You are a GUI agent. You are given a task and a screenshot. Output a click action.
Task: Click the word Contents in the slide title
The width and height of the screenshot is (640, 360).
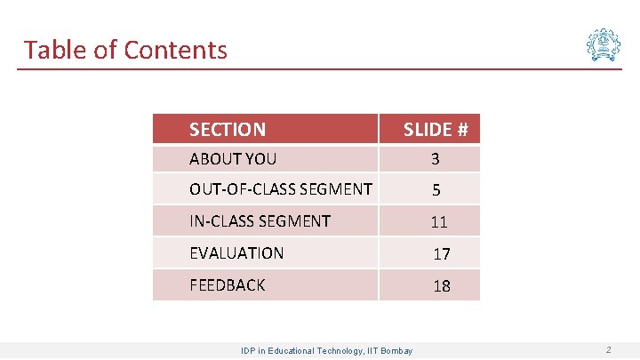click(175, 50)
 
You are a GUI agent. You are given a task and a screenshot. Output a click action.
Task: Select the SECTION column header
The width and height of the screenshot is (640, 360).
click(227, 130)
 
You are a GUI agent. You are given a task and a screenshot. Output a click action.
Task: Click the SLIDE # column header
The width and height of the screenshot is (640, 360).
click(436, 130)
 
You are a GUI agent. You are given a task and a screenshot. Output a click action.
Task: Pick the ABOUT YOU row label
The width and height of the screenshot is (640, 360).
click(233, 159)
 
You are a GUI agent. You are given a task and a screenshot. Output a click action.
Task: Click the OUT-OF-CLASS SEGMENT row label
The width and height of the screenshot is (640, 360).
click(281, 188)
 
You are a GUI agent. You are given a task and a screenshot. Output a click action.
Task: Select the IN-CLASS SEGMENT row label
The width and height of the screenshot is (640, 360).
click(260, 220)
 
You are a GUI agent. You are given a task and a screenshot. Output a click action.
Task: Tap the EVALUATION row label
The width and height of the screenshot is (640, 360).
click(236, 253)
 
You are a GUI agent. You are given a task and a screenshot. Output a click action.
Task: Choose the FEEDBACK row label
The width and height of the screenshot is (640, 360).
click(228, 285)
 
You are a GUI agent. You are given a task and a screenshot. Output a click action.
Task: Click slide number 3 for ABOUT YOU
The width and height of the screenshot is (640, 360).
click(436, 160)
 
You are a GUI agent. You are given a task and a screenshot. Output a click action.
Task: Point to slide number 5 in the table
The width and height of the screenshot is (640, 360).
click(436, 190)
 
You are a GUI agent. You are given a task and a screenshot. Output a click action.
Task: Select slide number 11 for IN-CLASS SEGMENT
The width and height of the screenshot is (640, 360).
click(438, 222)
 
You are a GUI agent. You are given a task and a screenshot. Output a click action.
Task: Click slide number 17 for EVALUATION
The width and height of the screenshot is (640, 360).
click(442, 254)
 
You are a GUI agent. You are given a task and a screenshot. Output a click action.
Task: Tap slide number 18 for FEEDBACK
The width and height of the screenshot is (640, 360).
click(442, 286)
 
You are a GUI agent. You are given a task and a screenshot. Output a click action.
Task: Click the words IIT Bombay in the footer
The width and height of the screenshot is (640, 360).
click(391, 351)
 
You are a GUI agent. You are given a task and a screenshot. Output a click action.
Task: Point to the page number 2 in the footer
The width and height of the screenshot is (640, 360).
click(608, 350)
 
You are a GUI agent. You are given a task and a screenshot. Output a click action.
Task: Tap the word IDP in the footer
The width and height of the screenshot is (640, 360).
click(249, 351)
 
